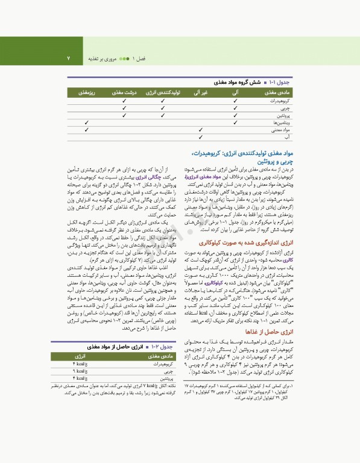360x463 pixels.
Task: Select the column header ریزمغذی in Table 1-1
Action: tap(84, 93)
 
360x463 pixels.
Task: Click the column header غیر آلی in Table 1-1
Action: tap(200, 93)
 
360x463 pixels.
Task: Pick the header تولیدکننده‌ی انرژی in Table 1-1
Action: tap(164, 93)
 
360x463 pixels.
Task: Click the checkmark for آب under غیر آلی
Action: tap(201, 137)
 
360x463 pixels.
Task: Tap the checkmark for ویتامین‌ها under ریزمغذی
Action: tap(84, 122)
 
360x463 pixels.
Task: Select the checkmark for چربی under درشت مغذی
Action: tap(124, 107)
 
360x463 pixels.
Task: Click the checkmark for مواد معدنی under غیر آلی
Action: tap(201, 129)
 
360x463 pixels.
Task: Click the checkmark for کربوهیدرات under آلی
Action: tap(235, 101)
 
